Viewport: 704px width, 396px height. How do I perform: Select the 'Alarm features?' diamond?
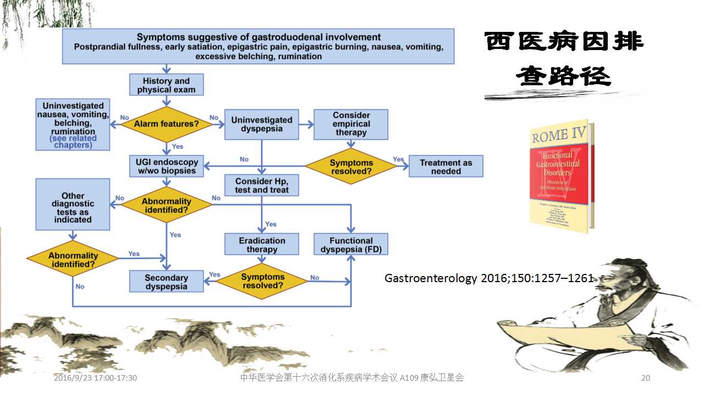pos(167,124)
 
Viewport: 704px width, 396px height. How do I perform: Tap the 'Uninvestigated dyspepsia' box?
pos(262,124)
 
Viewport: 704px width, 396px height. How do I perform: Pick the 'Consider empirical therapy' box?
pos(351,124)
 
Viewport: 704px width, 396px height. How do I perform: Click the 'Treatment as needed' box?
pos(446,167)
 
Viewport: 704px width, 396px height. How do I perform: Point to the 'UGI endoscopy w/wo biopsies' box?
pos(167,166)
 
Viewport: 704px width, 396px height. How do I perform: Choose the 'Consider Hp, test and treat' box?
pos(262,185)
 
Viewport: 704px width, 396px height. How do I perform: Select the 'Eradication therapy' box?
pos(262,245)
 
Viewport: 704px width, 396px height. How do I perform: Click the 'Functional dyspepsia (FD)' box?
pos(351,245)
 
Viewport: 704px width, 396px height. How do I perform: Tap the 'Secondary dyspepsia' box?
pos(166,282)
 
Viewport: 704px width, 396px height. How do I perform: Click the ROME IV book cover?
pos(562,176)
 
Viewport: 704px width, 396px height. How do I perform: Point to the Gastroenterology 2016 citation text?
pos(489,278)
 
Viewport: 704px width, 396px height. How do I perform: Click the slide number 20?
pos(646,378)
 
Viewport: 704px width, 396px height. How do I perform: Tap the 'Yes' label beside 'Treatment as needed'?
pos(399,159)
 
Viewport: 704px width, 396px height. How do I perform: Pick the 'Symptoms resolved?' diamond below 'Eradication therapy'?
pos(262,282)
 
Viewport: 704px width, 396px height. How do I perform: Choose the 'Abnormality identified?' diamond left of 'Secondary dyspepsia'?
pos(73,260)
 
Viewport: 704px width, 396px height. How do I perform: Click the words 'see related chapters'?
pos(73,142)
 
